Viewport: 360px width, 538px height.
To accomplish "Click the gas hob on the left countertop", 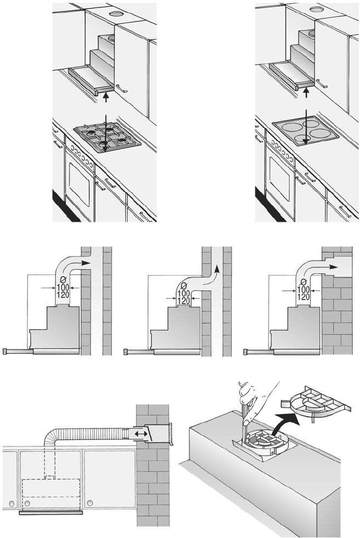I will pos(107,136).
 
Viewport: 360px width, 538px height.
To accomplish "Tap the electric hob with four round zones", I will pos(304,131).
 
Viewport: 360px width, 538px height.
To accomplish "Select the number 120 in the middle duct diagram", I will pos(184,300).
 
